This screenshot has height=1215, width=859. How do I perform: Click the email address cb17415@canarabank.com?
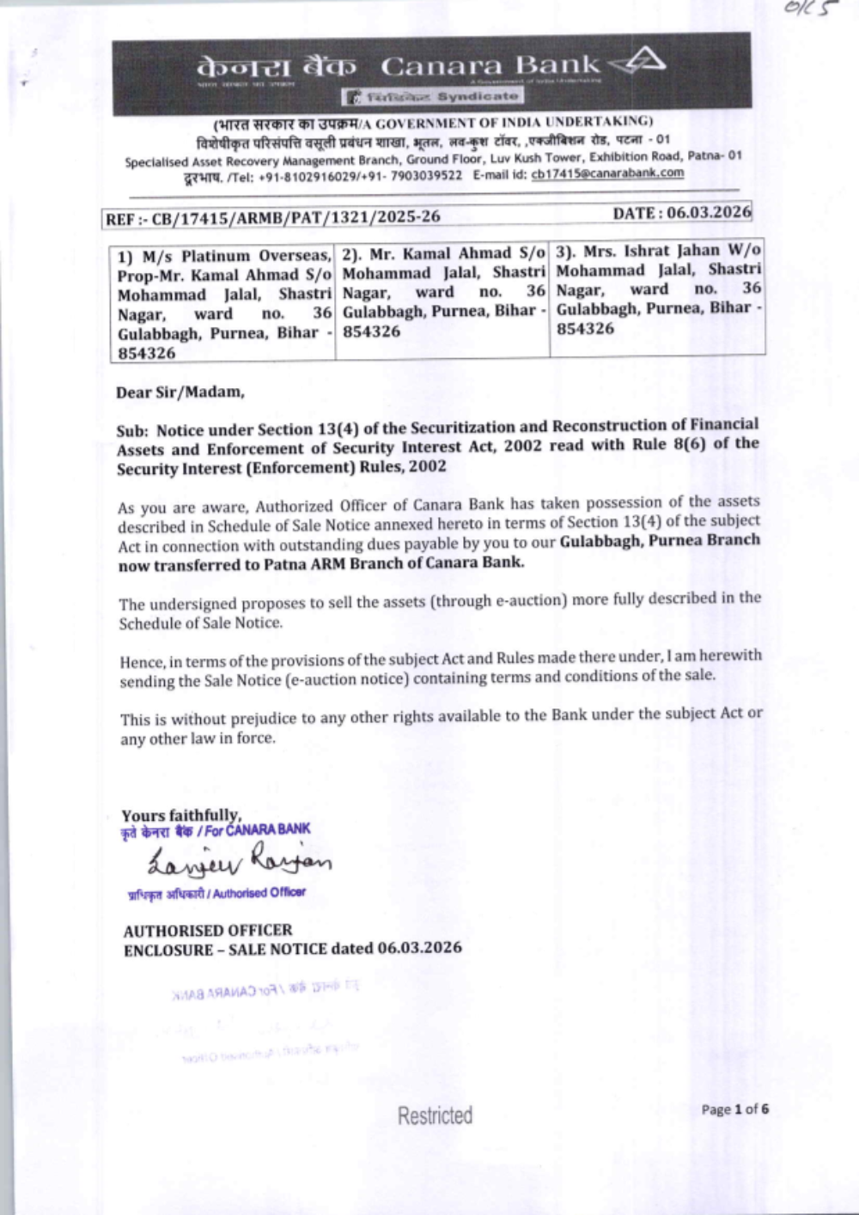tap(607, 173)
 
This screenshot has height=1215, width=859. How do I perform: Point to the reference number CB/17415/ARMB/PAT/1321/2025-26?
tap(295, 217)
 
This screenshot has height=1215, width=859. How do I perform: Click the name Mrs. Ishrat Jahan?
tap(651, 251)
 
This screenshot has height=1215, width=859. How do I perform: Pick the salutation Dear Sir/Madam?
tap(180, 392)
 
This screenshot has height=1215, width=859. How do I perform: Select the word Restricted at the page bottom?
tap(435, 1115)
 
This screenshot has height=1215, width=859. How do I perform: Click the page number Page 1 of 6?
tap(734, 1109)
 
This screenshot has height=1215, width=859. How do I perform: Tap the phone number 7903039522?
tap(426, 175)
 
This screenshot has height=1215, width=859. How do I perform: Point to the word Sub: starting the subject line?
tap(133, 431)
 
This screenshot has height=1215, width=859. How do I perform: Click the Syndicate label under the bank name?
tap(477, 97)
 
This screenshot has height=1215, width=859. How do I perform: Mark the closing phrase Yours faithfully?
tap(181, 815)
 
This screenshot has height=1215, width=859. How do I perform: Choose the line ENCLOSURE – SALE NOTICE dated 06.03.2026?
tap(293, 949)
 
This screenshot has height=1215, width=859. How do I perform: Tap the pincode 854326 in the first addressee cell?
tap(147, 353)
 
